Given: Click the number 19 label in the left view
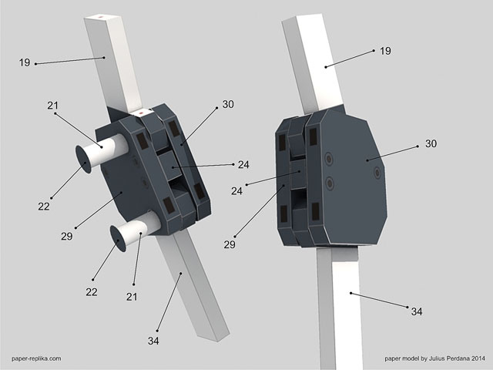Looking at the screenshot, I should [25, 62].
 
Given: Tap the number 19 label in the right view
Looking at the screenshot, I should [385, 51].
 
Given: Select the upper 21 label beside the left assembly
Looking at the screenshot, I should [52, 106].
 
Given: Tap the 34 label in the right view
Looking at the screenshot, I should [416, 311].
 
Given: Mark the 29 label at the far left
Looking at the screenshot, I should [66, 236].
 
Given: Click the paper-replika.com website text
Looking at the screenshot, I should [36, 358].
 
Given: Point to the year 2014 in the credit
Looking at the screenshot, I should [476, 358].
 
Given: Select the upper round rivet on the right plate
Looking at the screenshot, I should [329, 160].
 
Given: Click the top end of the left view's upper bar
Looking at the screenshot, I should [99, 15].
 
